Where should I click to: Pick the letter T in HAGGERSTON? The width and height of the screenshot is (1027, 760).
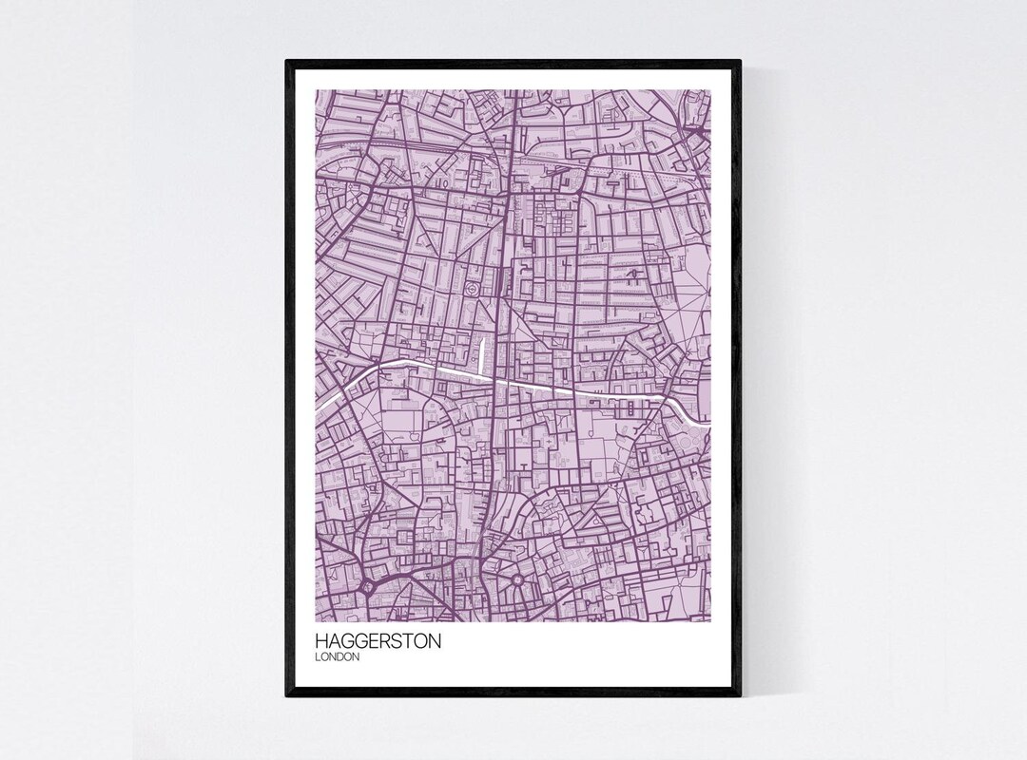tap(407, 641)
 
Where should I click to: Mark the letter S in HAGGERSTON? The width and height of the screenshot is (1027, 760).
tap(397, 641)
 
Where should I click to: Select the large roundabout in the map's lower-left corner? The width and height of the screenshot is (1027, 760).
tap(368, 587)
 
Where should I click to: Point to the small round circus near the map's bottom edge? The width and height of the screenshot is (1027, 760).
tap(517, 580)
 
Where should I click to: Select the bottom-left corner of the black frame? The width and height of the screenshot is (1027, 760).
tap(287, 695)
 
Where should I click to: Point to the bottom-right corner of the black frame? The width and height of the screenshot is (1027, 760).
tap(739, 695)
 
